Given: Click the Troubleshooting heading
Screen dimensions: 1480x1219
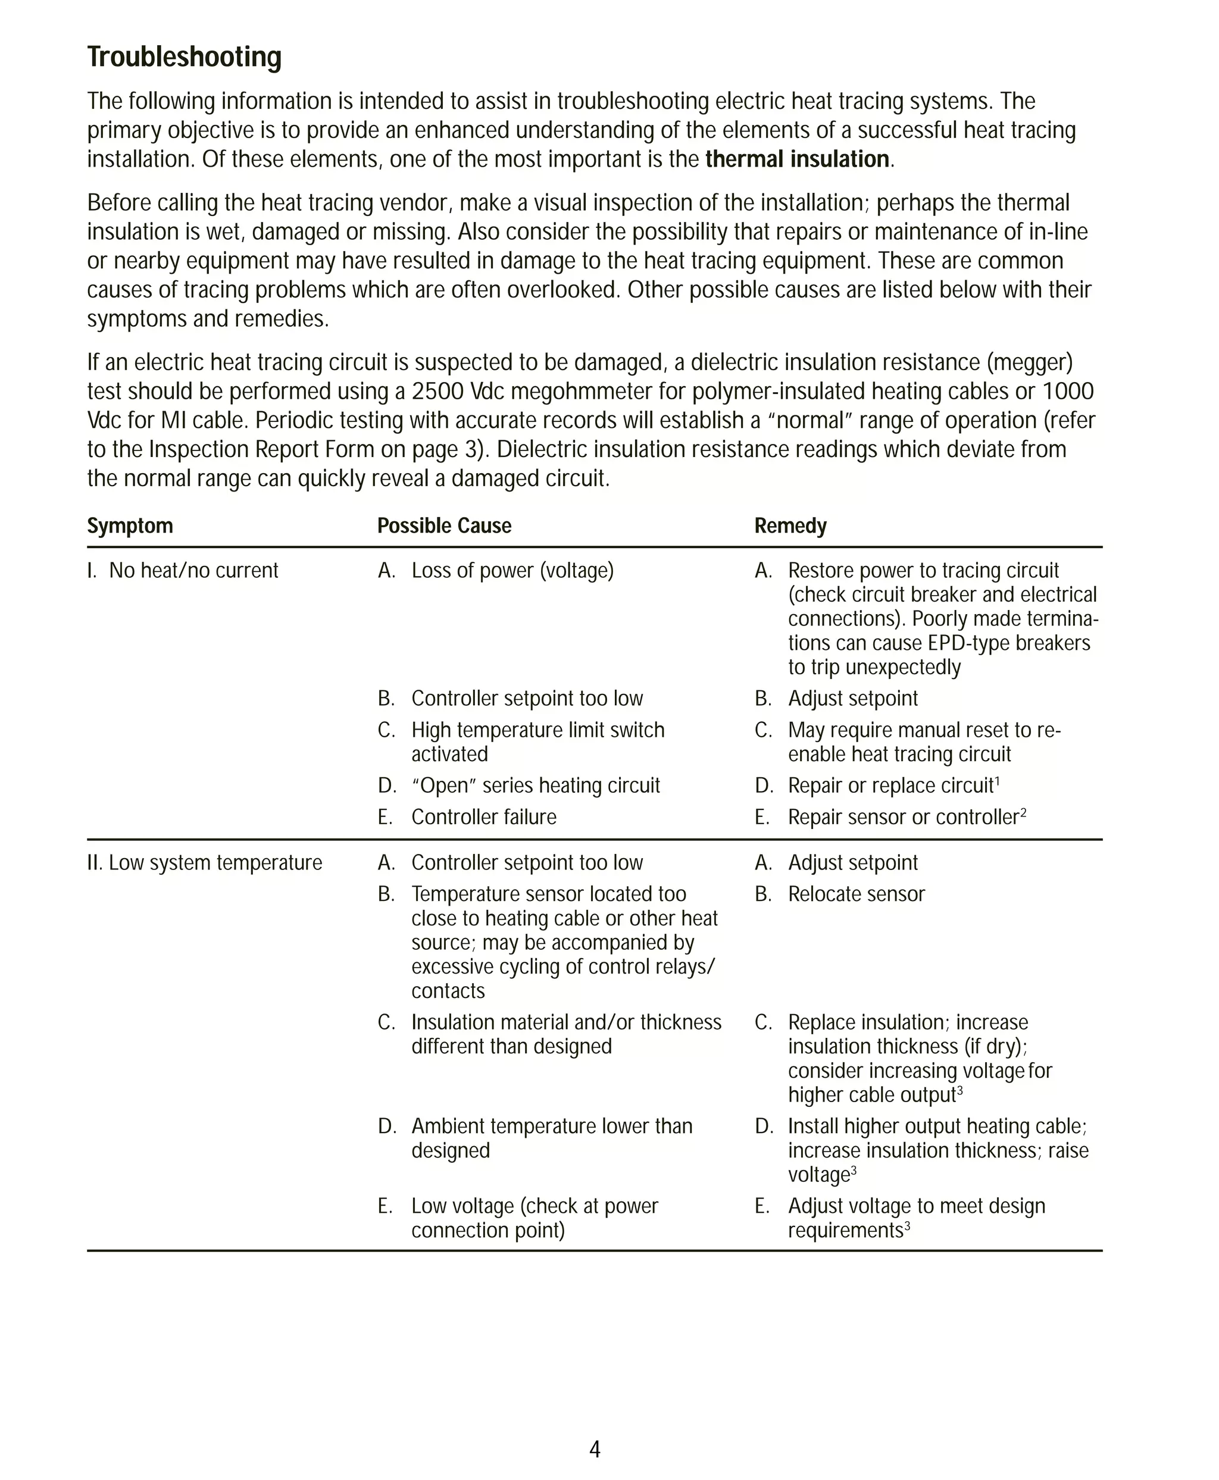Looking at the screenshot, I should tap(184, 58).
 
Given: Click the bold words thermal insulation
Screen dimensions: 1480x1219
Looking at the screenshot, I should tap(796, 159).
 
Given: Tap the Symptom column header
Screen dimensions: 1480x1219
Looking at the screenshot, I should tap(130, 526).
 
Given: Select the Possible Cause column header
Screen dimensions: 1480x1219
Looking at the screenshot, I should tap(444, 526).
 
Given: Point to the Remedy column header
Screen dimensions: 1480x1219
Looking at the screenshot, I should tap(790, 526).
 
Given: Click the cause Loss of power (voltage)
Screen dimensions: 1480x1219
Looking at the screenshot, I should tap(512, 571).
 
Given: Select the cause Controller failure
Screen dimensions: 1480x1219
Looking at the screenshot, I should tap(483, 817).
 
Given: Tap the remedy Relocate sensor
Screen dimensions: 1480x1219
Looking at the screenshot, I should tap(856, 894).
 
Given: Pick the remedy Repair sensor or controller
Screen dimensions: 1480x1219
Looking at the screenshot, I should tap(902, 817).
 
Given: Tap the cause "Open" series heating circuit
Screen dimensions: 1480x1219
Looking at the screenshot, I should tap(535, 786).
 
